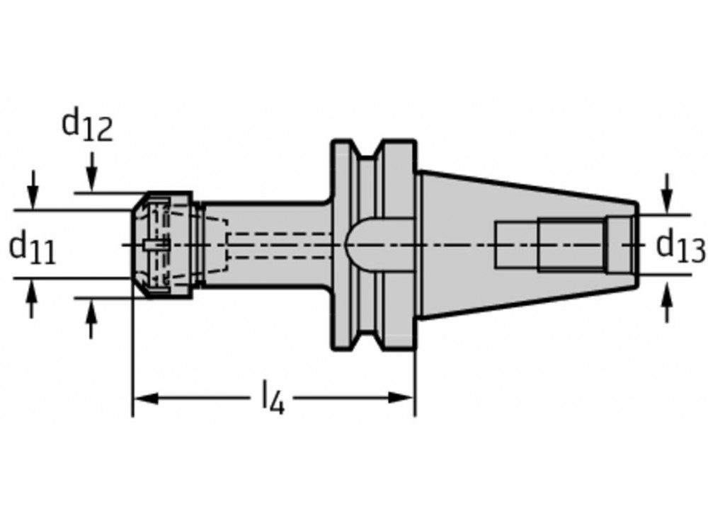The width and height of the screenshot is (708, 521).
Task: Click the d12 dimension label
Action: [x=87, y=126]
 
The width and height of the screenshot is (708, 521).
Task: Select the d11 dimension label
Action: [x=32, y=249]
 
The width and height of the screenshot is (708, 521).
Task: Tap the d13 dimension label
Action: [x=680, y=247]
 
